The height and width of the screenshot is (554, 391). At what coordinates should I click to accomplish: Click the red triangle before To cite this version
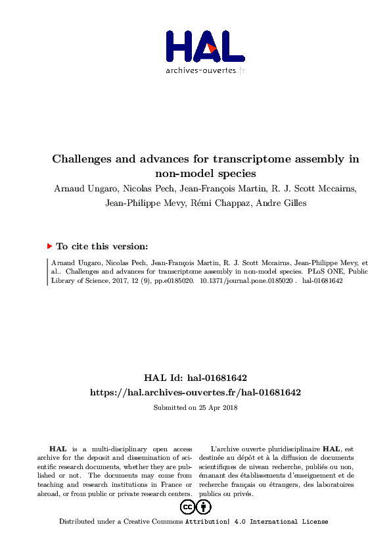(x=49, y=246)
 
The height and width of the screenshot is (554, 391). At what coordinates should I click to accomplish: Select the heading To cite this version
(x=102, y=246)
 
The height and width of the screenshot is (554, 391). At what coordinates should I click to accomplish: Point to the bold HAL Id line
(x=195, y=378)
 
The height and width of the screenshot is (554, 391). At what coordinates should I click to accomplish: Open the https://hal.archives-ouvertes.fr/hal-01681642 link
(x=195, y=392)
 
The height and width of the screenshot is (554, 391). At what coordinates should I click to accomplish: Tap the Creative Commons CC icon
(x=187, y=507)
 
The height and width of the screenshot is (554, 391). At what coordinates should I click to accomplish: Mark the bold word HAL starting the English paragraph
(x=58, y=448)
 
